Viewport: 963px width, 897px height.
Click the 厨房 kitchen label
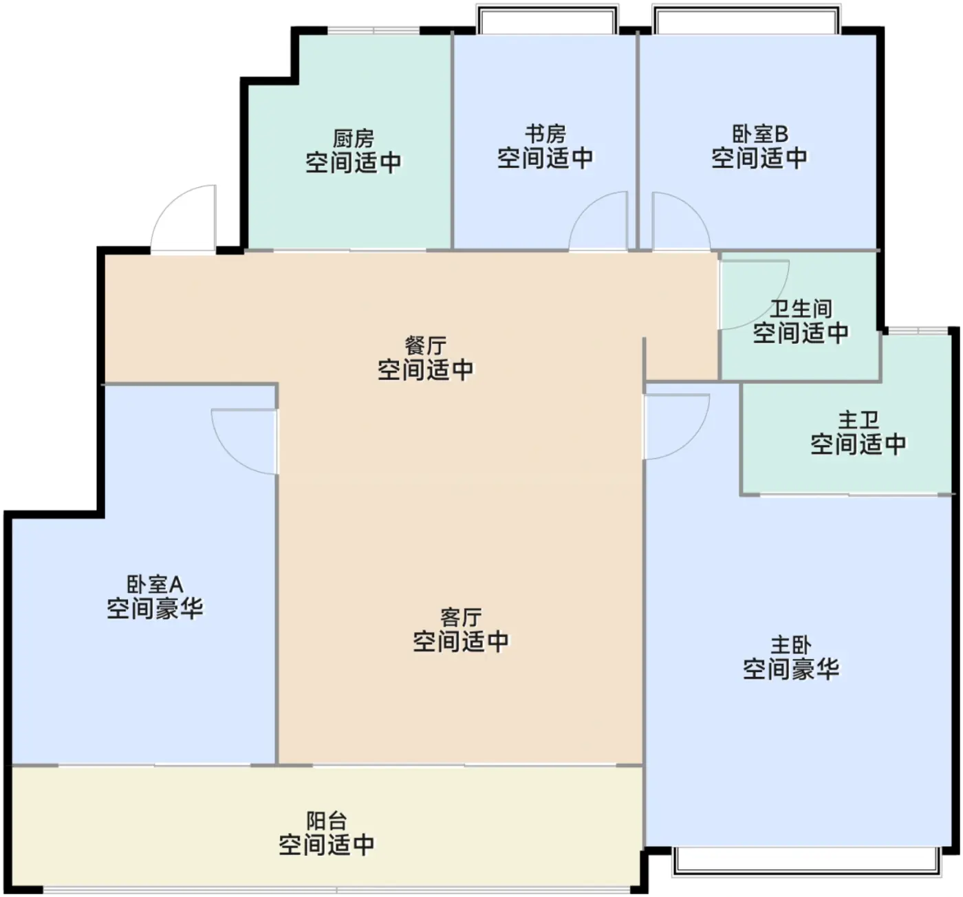(354, 139)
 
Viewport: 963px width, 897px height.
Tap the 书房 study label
(545, 134)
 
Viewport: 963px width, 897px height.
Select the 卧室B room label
(760, 134)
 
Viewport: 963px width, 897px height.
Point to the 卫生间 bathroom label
(801, 309)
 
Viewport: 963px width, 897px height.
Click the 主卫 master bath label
(858, 420)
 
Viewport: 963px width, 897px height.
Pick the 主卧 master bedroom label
(791, 646)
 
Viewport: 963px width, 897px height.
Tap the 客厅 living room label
(461, 618)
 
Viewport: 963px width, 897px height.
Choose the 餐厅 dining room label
(425, 346)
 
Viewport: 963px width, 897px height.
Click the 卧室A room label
(155, 585)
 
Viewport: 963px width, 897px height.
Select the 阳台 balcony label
(326, 821)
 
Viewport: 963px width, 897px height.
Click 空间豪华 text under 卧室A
(155, 608)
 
